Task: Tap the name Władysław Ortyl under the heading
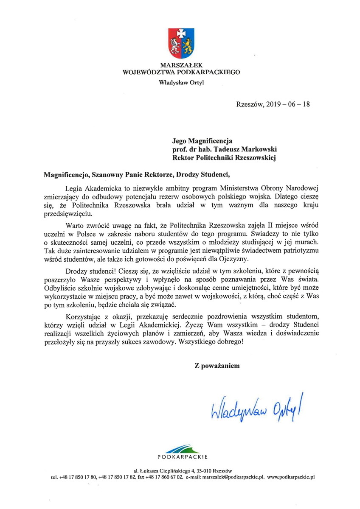[x=181, y=82]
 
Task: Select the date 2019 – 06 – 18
[x=287, y=103]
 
